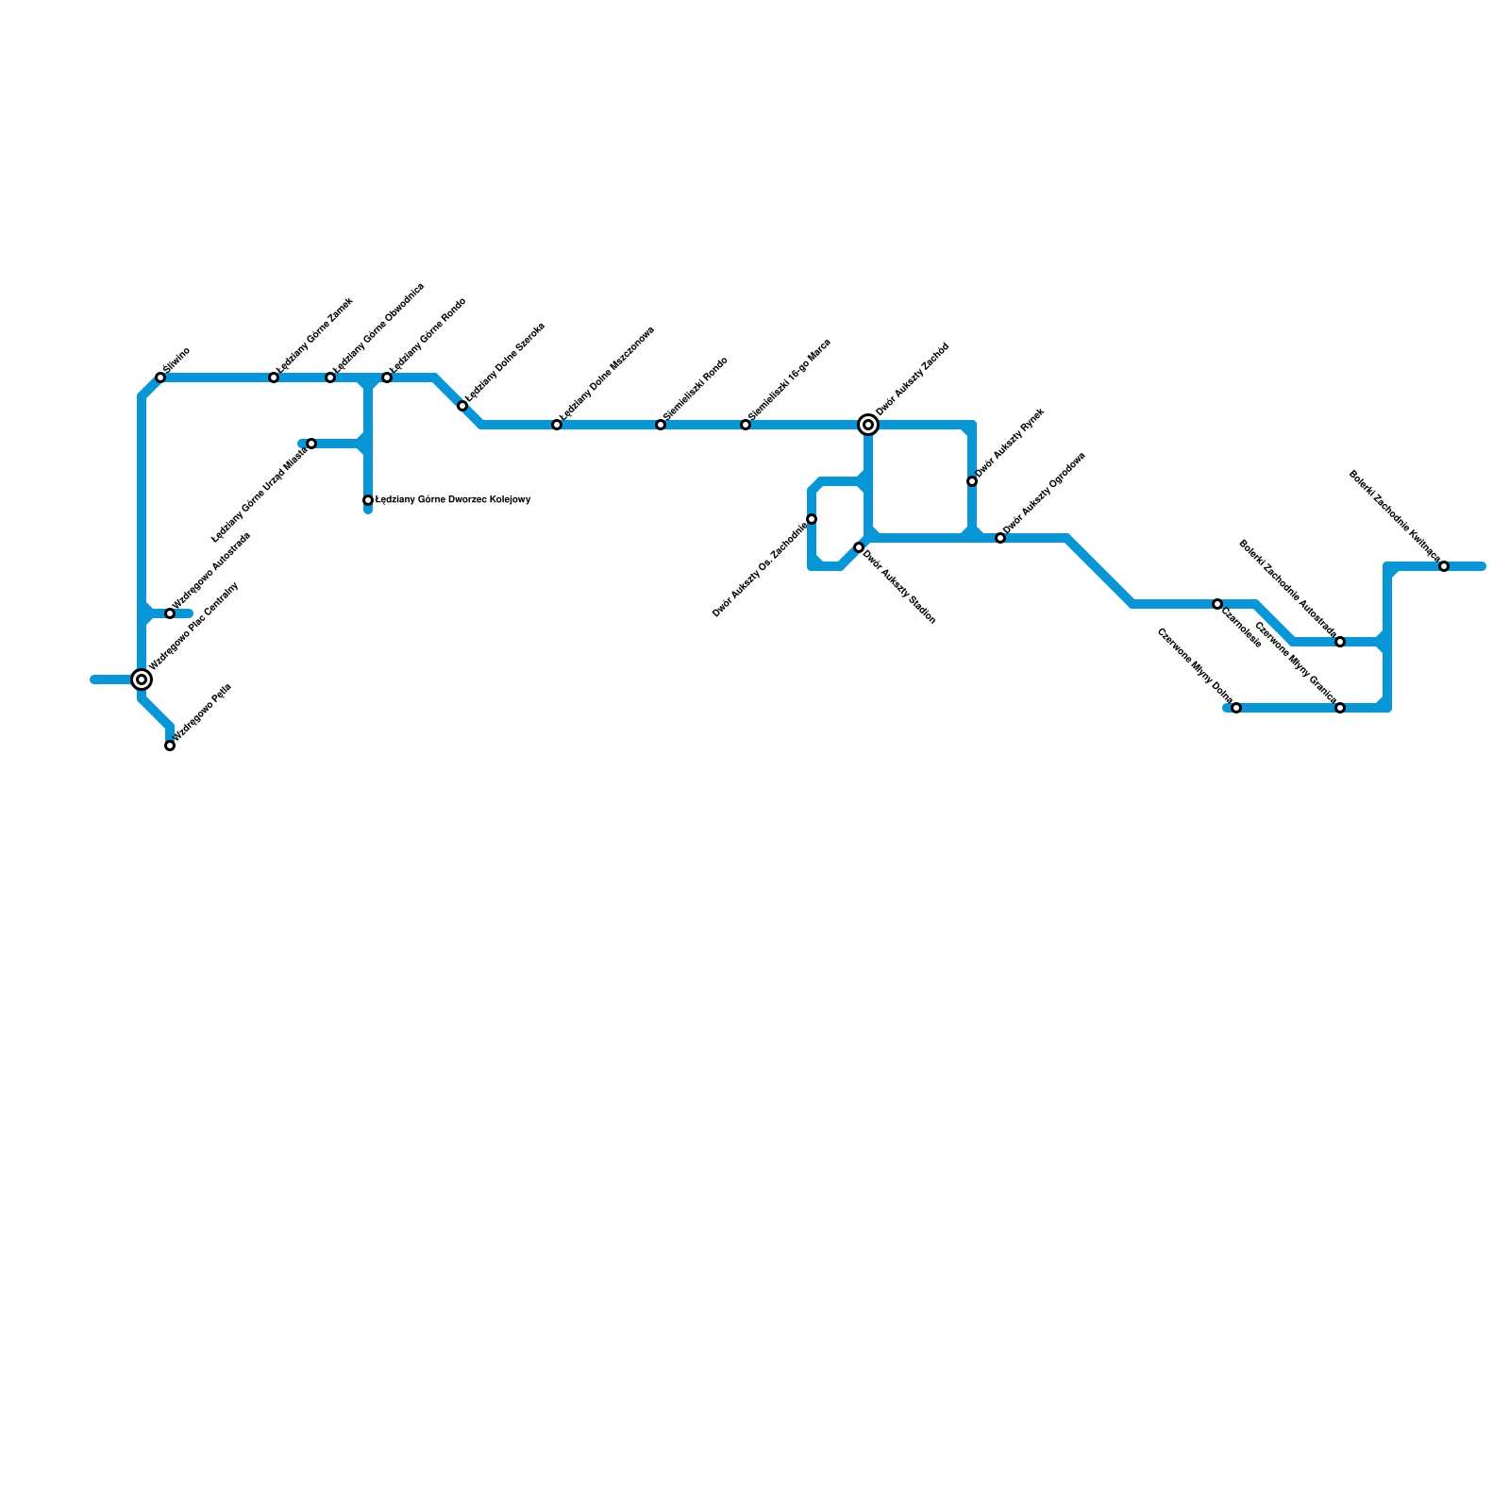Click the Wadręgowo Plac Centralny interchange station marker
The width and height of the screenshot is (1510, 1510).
[x=142, y=679]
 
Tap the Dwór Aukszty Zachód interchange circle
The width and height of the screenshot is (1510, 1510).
[x=868, y=425]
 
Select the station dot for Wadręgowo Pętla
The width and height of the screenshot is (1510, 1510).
[x=170, y=746]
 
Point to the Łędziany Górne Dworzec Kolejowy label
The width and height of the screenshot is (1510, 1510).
[x=453, y=500]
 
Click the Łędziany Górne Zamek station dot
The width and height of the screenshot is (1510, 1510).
[x=274, y=377]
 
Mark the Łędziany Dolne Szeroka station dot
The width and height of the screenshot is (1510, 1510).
[x=462, y=406]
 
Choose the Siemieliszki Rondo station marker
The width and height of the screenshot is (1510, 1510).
[x=661, y=425]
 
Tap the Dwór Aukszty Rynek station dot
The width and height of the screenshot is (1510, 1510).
[x=972, y=481]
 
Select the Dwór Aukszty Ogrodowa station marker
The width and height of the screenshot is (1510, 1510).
[x=1000, y=538]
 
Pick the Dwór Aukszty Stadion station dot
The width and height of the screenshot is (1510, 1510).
[x=859, y=547]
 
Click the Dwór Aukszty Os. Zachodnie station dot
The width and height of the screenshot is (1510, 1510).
[x=812, y=519]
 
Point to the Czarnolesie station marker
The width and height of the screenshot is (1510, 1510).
[x=1217, y=604]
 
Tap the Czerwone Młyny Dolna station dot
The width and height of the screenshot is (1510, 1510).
[x=1236, y=708]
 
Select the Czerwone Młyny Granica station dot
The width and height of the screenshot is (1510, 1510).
[x=1340, y=708]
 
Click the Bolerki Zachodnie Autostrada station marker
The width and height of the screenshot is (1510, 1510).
[x=1340, y=642]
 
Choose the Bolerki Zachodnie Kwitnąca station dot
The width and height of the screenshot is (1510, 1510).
[x=1444, y=566]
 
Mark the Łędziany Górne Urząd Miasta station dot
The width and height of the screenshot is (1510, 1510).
[x=311, y=444]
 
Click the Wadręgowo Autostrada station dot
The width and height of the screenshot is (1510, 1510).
[x=170, y=613]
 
